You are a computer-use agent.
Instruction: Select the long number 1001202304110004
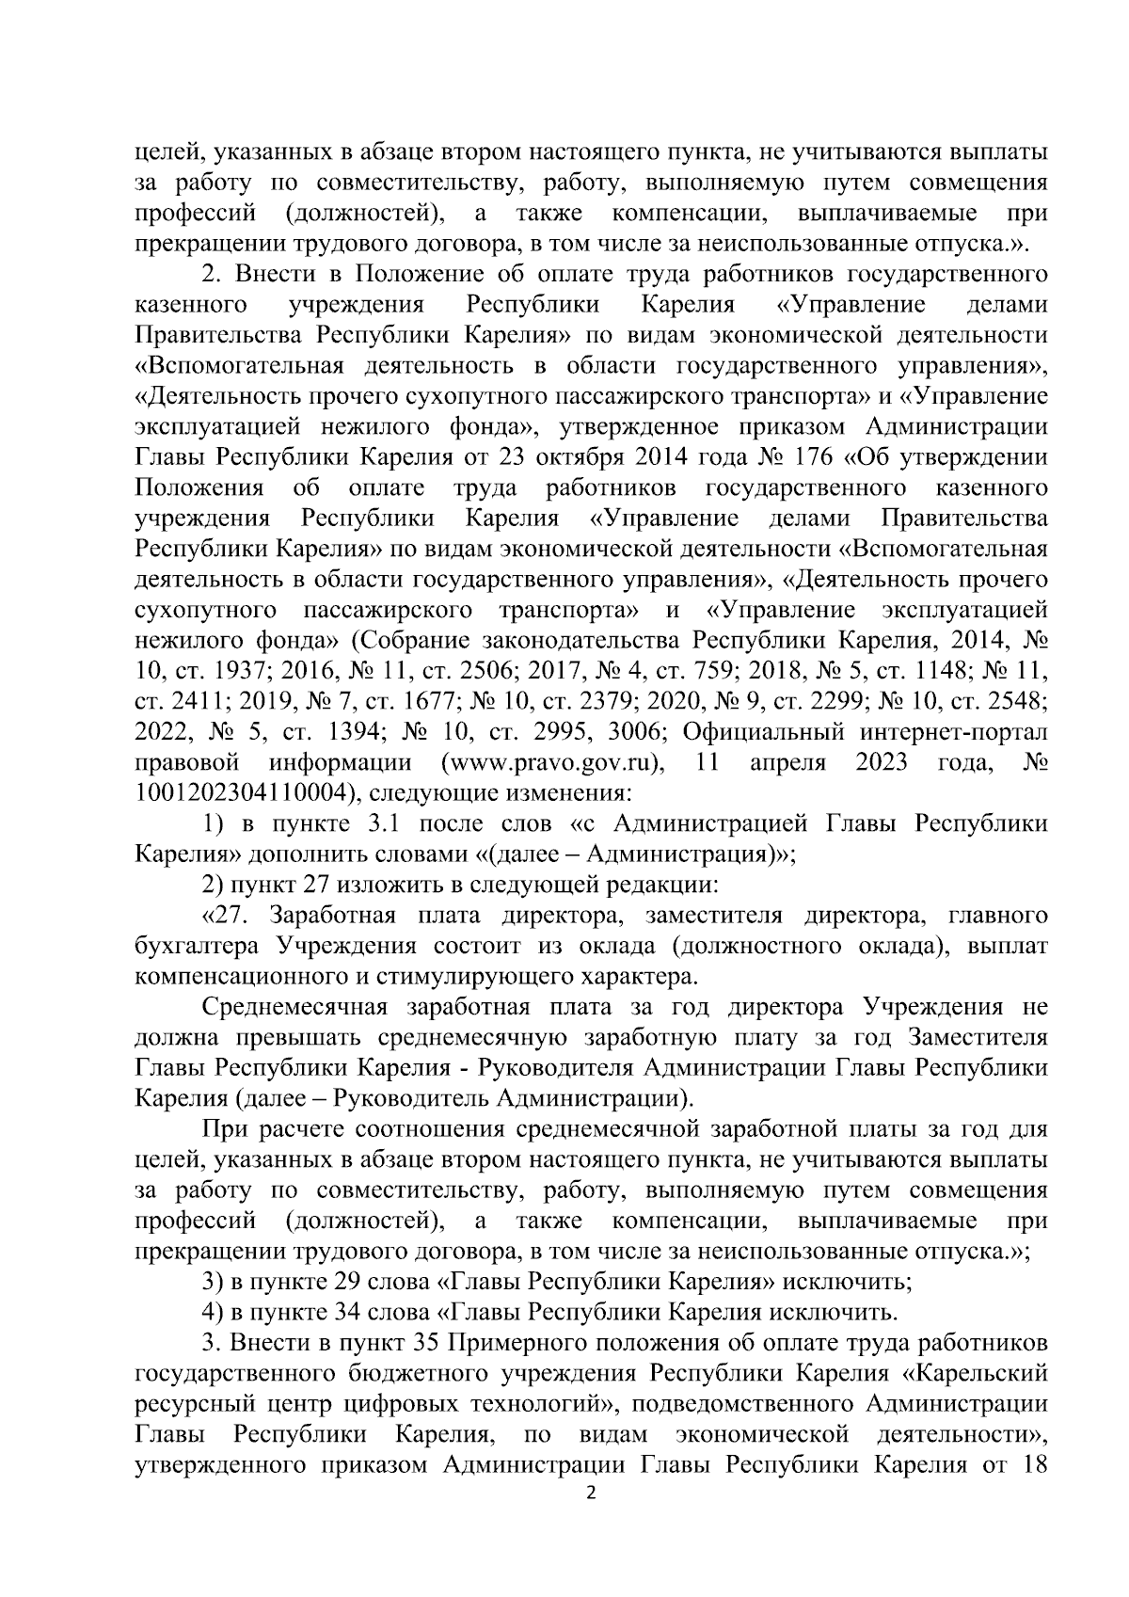click(245, 792)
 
